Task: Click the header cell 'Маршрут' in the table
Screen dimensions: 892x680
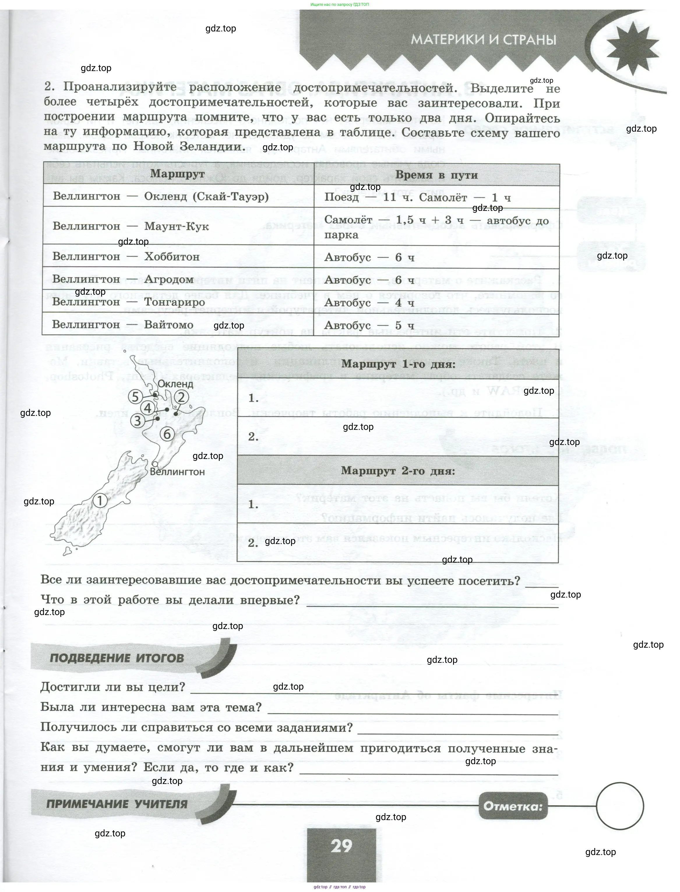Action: click(x=177, y=174)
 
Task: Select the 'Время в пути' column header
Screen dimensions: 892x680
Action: click(x=436, y=175)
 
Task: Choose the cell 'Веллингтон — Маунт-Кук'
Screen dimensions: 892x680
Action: click(x=131, y=226)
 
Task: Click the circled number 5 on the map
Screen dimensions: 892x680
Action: click(x=135, y=397)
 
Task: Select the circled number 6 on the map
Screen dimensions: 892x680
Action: click(x=167, y=434)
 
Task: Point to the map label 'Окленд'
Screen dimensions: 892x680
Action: click(x=175, y=384)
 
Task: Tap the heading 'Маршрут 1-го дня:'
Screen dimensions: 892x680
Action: click(x=398, y=364)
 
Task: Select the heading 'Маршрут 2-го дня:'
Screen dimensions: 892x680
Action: click(x=398, y=471)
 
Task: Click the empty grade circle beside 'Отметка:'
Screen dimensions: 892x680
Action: click(x=620, y=806)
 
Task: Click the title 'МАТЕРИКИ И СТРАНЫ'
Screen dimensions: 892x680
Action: click(x=484, y=40)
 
